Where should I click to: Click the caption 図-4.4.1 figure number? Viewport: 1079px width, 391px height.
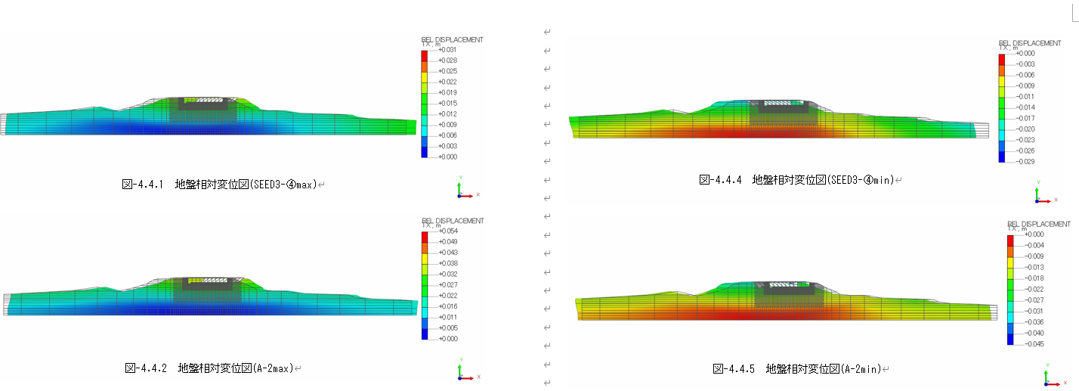[x=143, y=184]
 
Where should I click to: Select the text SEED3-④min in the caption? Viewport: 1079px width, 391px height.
[x=861, y=180]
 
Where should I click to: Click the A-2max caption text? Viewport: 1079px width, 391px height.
[x=271, y=368]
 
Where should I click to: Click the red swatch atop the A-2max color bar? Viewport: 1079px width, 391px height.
[x=425, y=237]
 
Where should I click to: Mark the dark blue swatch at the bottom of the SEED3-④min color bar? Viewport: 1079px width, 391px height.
[x=1002, y=157]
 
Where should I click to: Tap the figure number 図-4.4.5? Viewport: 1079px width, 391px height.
[x=736, y=369]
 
